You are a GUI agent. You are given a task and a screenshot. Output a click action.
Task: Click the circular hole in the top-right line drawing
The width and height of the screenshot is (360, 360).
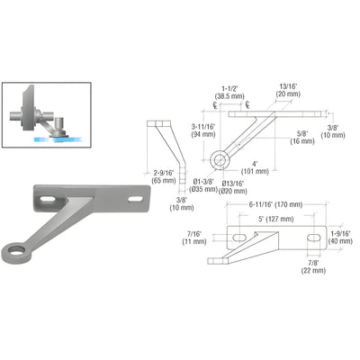(219, 161)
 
